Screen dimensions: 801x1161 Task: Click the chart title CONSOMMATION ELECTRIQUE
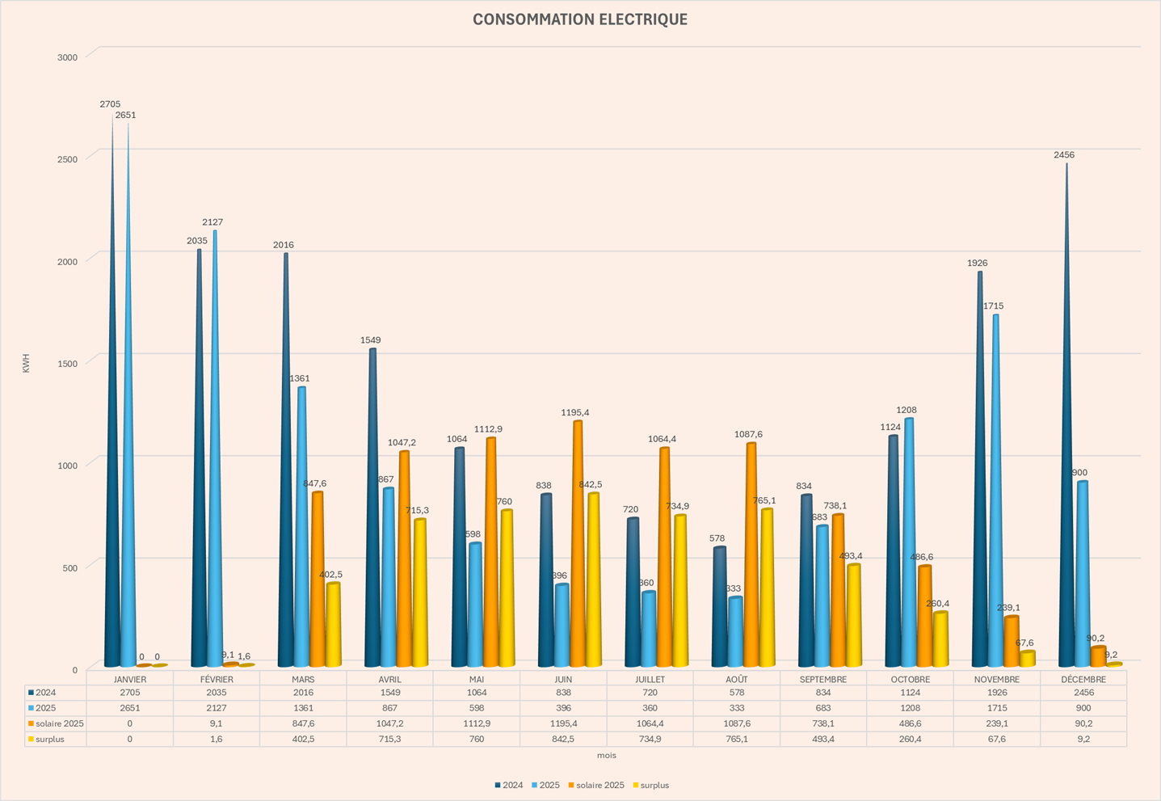(579, 19)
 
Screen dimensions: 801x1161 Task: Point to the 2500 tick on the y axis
(67, 158)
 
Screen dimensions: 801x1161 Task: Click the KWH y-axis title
(26, 363)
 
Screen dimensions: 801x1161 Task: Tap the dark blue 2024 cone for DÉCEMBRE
(1066, 485)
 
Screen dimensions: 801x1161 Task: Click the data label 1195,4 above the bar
(575, 413)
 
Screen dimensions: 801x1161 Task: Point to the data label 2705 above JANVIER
(110, 104)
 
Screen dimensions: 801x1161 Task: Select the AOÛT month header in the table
(736, 680)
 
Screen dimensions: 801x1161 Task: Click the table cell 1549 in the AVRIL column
(389, 693)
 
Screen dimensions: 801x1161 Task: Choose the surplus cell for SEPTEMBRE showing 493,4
(822, 739)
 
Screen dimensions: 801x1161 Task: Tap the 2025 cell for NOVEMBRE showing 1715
(996, 708)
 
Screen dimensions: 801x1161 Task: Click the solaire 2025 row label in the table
(59, 723)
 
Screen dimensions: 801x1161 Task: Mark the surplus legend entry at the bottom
(654, 786)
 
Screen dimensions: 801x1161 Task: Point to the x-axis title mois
(607, 756)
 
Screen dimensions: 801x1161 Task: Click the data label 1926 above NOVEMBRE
(978, 263)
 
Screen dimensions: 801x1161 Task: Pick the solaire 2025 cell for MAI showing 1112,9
(476, 723)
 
